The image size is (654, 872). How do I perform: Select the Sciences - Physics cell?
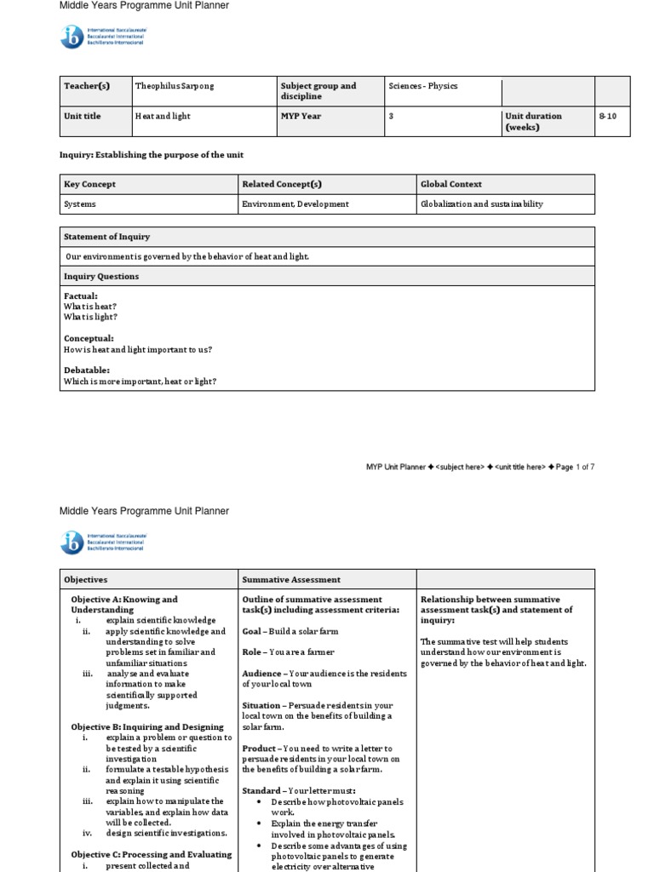pos(422,86)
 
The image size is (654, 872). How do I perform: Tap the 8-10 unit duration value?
pos(607,116)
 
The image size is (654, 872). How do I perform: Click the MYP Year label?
pos(301,116)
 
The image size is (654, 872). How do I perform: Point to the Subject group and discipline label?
pos(318,91)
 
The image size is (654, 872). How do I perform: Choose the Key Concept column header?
pos(89,184)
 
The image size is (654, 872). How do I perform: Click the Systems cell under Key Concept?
pos(80,204)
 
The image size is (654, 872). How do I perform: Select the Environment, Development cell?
pos(295,204)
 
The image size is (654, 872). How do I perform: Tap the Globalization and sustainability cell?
pos(481,204)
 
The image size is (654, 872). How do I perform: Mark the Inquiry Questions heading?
pos(101,277)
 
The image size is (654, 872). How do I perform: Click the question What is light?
pos(90,317)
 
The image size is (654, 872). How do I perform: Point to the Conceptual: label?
pos(89,339)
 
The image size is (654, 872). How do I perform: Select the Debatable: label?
pos(87,370)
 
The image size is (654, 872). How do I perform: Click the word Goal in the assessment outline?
pos(251,631)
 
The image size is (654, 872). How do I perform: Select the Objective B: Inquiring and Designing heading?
pos(147,726)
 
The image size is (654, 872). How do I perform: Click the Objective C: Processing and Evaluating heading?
pos(151,854)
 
